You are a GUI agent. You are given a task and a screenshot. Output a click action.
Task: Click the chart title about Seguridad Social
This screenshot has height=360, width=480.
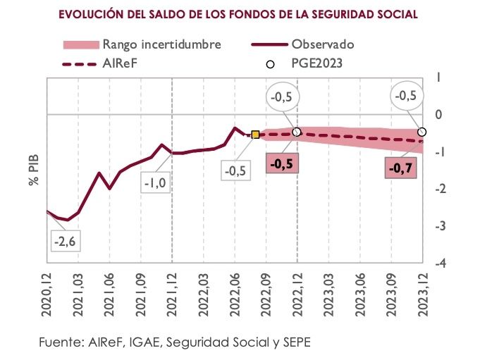pyautogui.click(x=238, y=13)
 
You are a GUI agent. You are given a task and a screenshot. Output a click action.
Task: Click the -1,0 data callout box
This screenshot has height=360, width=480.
pyautogui.click(x=155, y=184)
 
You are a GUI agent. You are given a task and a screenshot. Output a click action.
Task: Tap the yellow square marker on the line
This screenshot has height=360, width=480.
pyautogui.click(x=255, y=135)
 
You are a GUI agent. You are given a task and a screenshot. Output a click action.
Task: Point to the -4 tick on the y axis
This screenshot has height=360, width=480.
pyautogui.click(x=438, y=263)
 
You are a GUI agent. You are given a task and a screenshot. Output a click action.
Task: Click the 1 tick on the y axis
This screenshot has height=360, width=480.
pyautogui.click(x=438, y=77)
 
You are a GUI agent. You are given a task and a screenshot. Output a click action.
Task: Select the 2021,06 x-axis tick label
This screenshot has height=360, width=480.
pyautogui.click(x=110, y=296)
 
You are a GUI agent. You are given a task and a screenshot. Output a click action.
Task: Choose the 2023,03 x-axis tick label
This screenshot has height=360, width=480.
pyautogui.click(x=328, y=296)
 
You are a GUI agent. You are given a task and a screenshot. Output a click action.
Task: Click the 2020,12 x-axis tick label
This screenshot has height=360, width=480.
pyautogui.click(x=48, y=296)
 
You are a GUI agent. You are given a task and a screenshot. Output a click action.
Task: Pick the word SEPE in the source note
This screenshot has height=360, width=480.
pyautogui.click(x=294, y=342)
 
